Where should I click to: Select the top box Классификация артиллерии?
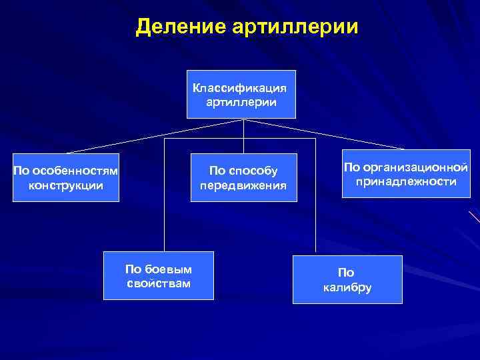[241, 95]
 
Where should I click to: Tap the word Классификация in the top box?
[241, 87]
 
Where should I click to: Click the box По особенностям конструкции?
[65, 177]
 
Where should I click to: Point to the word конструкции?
[66, 185]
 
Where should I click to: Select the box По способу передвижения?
[243, 177]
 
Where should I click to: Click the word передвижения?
[243, 185]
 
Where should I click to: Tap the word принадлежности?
[405, 181]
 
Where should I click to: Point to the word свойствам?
[159, 283]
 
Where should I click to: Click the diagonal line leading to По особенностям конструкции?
[153, 136]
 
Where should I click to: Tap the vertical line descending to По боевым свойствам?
[165, 200]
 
